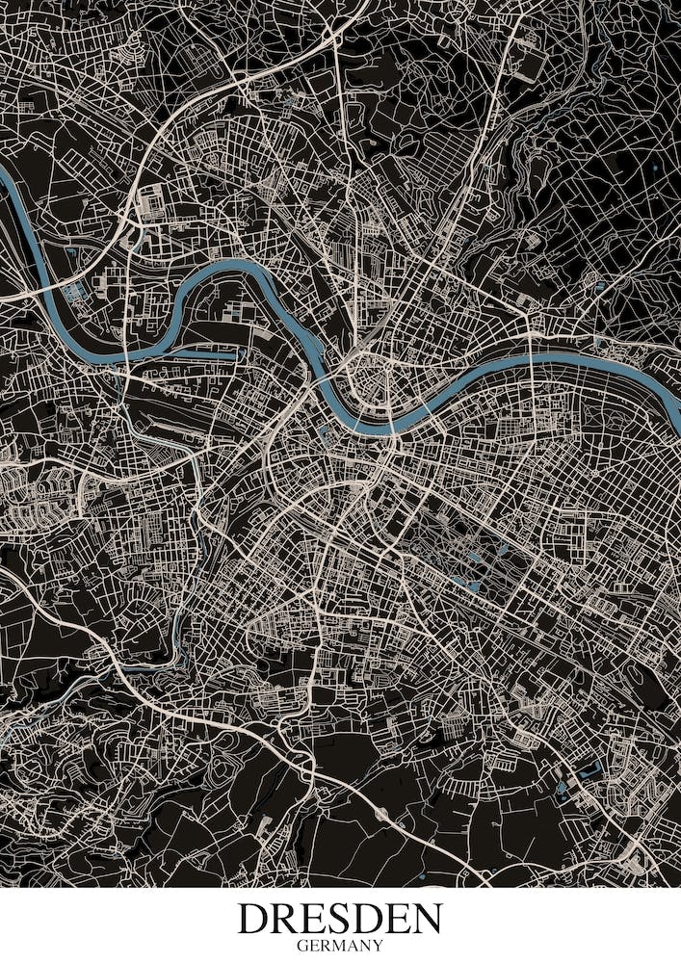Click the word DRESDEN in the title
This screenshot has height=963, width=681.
click(x=340, y=919)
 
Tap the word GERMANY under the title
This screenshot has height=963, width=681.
click(x=340, y=946)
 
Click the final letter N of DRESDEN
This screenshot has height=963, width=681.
click(x=425, y=919)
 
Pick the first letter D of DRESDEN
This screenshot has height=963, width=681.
click(x=255, y=919)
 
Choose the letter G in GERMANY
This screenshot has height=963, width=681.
click(x=301, y=946)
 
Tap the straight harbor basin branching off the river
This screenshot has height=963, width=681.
click(x=188, y=353)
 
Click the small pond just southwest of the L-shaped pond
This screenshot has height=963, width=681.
click(x=562, y=790)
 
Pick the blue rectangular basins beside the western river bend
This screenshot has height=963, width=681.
click(x=75, y=287)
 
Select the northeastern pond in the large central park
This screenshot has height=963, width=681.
click(x=504, y=551)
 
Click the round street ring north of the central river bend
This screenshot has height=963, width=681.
click(x=369, y=377)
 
